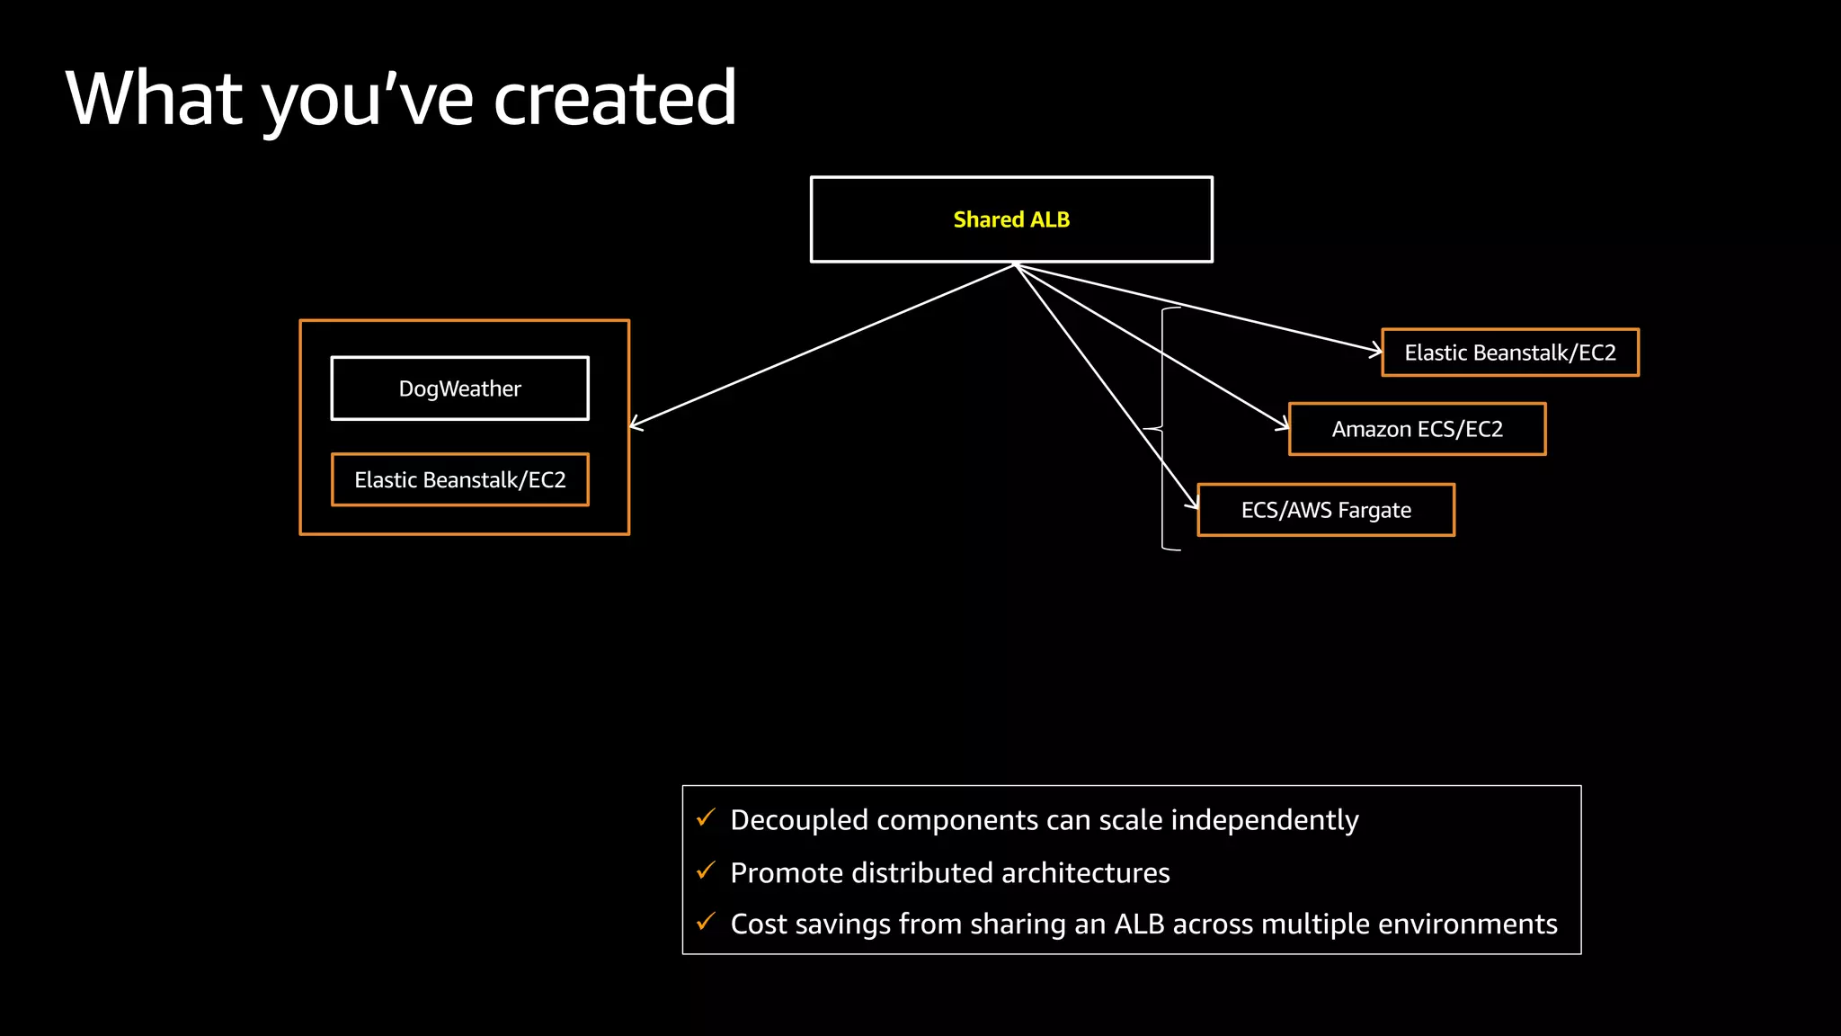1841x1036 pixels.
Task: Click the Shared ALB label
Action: pyautogui.click(x=1011, y=219)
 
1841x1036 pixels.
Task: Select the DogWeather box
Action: pyautogui.click(x=459, y=388)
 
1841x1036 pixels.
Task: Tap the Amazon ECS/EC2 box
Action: pyautogui.click(x=1417, y=429)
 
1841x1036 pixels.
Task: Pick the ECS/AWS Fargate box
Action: pyautogui.click(x=1326, y=510)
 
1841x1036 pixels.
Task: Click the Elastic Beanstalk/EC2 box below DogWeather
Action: pyautogui.click(x=459, y=479)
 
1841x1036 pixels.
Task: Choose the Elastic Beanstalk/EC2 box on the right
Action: pyautogui.click(x=1510, y=353)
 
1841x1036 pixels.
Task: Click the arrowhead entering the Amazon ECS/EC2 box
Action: pyautogui.click(x=1283, y=424)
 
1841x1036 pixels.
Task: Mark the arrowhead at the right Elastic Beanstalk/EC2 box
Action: pyautogui.click(x=1376, y=351)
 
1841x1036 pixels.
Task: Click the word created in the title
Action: pyautogui.click(x=615, y=99)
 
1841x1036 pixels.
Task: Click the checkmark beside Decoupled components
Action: pyautogui.click(x=707, y=817)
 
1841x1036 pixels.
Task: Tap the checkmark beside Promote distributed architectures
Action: pyautogui.click(x=707, y=871)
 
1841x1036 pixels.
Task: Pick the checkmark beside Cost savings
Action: pyautogui.click(x=707, y=922)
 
